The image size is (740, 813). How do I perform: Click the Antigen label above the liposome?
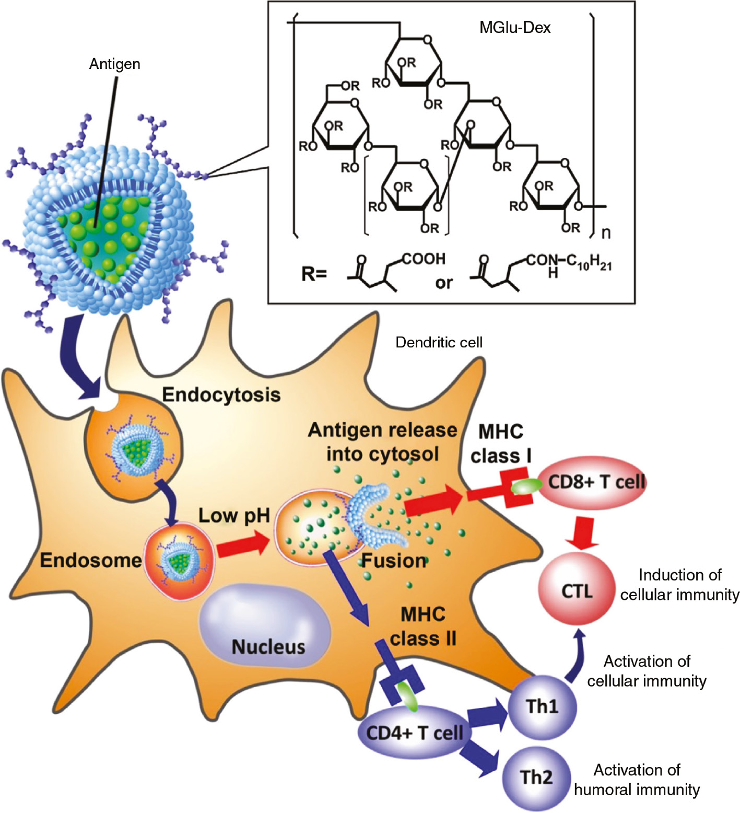tap(114, 64)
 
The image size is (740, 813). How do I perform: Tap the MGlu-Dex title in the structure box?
tap(515, 27)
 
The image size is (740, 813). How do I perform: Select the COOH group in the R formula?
tap(424, 259)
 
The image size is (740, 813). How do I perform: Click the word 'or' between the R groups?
tap(444, 283)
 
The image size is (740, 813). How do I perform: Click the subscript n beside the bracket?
tap(606, 233)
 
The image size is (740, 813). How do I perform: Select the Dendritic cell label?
tap(439, 342)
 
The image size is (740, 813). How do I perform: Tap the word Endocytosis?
tap(221, 394)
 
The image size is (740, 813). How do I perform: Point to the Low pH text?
tap(234, 516)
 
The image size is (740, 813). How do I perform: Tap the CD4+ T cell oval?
tap(414, 733)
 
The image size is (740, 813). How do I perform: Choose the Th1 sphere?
tap(542, 706)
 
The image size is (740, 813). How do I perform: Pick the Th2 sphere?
tap(536, 777)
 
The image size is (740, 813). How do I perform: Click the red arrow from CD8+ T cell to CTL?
tap(583, 533)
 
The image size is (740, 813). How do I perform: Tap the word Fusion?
tap(394, 561)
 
